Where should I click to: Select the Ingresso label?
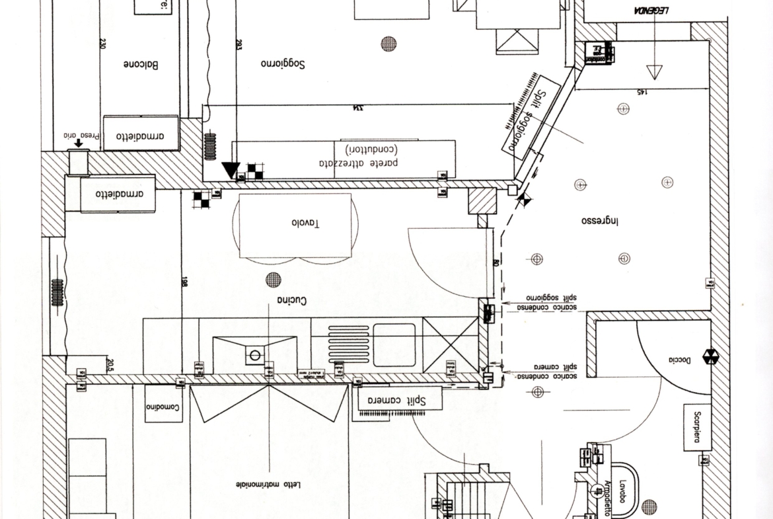click(x=599, y=221)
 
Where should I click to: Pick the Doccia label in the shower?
click(x=679, y=360)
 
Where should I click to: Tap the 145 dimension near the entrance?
click(x=641, y=92)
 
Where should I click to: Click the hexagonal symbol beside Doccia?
click(x=712, y=358)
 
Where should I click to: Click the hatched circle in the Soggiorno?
click(x=389, y=44)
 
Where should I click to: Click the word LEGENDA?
click(x=651, y=11)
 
